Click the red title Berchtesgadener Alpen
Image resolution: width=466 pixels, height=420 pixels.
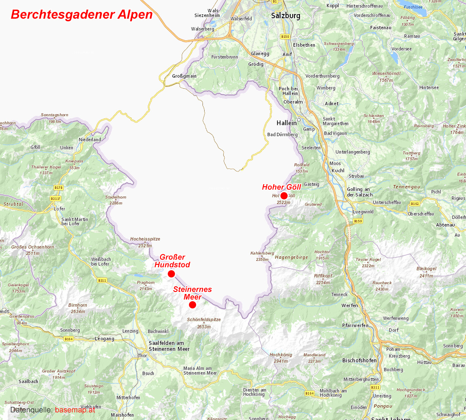click(x=81, y=14)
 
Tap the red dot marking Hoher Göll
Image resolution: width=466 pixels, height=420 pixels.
click(x=284, y=196)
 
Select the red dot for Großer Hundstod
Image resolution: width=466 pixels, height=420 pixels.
click(x=171, y=274)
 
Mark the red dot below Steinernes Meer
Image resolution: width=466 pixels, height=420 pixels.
click(x=192, y=305)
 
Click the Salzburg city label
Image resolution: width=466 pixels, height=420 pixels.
click(x=286, y=16)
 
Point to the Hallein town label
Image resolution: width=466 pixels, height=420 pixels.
click(x=286, y=123)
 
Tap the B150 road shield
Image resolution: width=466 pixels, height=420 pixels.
click(x=285, y=36)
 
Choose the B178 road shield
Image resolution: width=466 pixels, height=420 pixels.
click(x=58, y=187)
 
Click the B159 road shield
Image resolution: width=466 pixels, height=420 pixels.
click(x=358, y=221)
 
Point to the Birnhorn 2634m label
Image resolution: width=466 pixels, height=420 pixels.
click(x=78, y=308)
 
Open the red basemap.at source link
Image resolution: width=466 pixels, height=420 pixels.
click(x=75, y=410)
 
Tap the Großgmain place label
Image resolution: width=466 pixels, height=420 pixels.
click(x=184, y=76)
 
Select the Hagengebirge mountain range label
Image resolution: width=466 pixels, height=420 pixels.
click(x=291, y=257)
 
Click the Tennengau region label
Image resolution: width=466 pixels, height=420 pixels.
click(x=406, y=187)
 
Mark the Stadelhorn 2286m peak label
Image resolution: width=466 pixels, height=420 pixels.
click(x=116, y=200)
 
